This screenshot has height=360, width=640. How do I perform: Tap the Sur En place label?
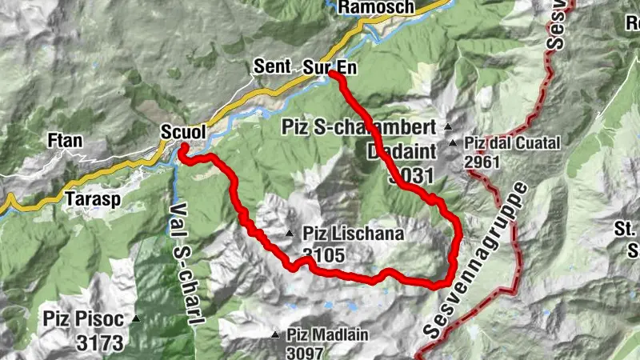tap(330, 69)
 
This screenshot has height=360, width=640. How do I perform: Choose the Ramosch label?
tap(376, 7)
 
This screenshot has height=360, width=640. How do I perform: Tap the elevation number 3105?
tap(323, 256)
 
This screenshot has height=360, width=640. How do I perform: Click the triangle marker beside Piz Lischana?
tap(290, 234)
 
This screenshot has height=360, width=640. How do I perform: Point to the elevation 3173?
tap(100, 344)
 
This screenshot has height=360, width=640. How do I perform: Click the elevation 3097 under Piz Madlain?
tap(306, 352)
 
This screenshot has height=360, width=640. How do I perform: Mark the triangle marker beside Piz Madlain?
tap(276, 334)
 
